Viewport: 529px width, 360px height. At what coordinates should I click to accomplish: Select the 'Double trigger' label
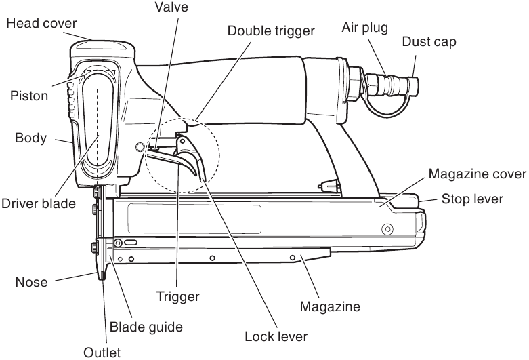[271, 31]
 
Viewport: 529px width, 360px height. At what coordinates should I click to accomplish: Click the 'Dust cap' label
[429, 42]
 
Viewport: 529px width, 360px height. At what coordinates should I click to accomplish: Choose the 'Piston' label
[29, 96]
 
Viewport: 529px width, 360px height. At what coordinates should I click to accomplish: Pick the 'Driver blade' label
[38, 203]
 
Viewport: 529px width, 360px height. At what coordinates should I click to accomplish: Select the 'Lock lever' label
[277, 336]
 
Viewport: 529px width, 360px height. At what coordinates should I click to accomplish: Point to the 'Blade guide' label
[146, 327]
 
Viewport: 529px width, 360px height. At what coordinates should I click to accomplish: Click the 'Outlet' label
[102, 352]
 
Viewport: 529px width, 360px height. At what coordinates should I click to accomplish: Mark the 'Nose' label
[33, 281]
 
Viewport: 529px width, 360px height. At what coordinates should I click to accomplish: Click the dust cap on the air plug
[410, 85]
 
